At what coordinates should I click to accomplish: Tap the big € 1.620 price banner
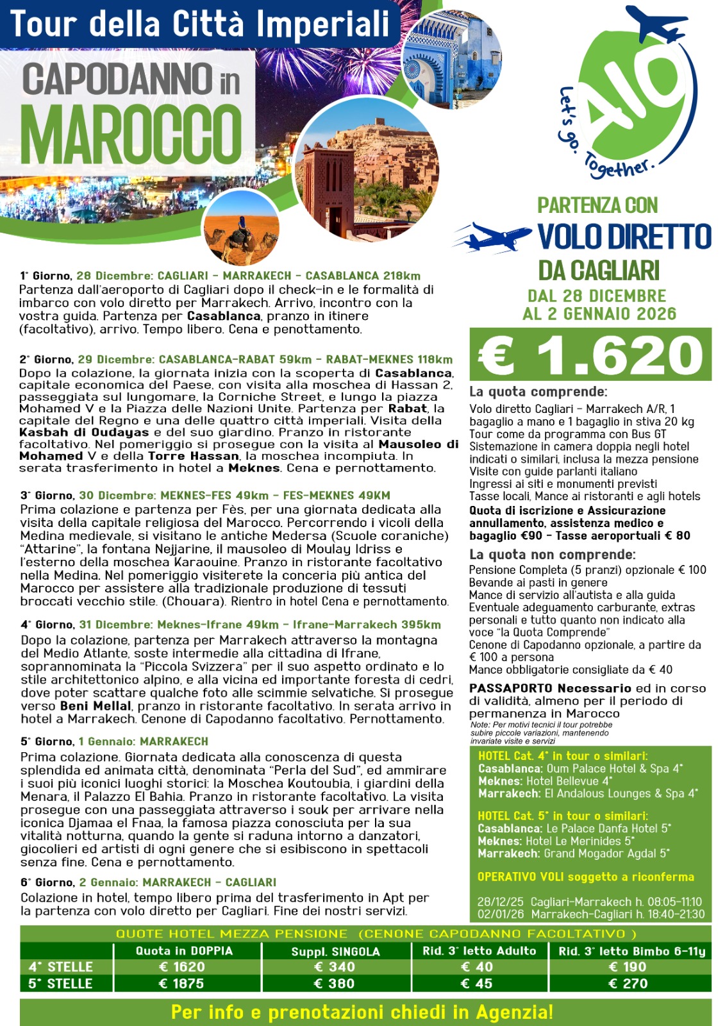[590, 355]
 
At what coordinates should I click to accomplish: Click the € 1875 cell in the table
[181, 984]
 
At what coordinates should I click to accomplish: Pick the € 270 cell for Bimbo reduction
[628, 984]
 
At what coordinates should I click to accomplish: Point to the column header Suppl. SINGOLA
[335, 952]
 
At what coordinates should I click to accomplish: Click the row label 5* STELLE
[61, 984]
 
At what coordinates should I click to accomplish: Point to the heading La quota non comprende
[552, 555]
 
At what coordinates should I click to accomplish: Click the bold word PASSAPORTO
[510, 689]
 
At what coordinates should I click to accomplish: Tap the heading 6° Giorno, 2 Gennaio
[148, 882]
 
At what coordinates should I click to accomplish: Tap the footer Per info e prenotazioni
[362, 1013]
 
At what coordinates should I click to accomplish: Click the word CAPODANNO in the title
[117, 80]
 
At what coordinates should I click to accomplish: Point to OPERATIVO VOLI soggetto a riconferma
[585, 877]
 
